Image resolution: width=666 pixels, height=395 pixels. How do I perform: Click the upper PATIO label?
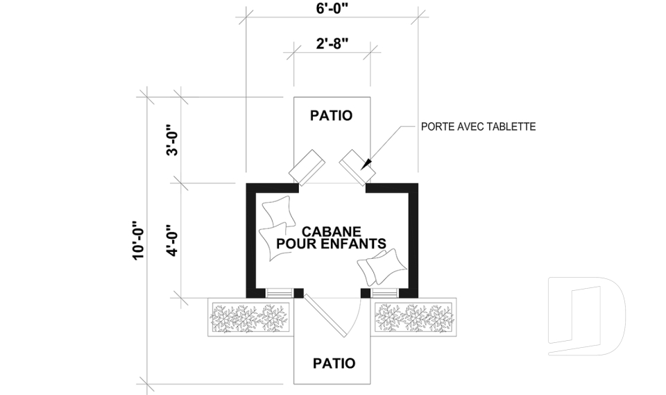pos(331,115)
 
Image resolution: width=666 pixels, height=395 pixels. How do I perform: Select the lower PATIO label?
pos(334,363)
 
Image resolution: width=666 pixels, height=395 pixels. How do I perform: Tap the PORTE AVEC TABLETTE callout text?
pos(479,127)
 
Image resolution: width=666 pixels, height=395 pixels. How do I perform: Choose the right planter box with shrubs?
pos(415,319)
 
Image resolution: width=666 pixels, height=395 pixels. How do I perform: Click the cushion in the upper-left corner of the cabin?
pos(275,210)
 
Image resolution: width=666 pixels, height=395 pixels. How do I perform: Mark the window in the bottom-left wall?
pos(280,292)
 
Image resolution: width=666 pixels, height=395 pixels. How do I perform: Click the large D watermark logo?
pos(586,317)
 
